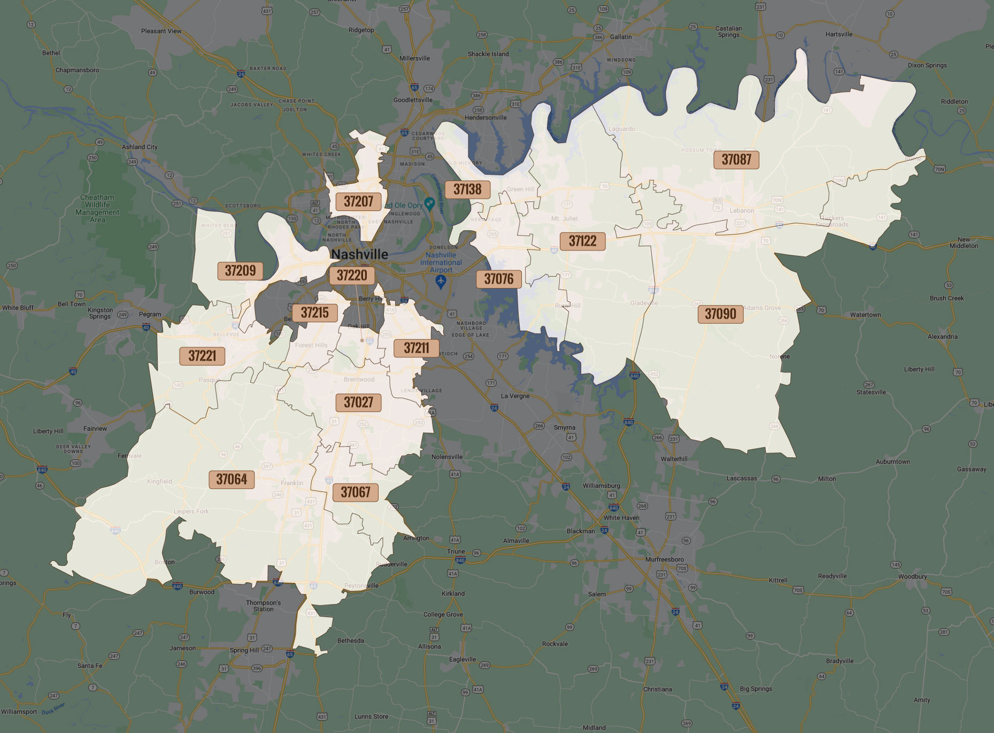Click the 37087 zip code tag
[736, 159]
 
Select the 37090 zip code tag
[720, 314]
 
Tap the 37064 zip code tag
[231, 479]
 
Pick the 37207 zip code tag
[358, 201]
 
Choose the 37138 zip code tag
[467, 189]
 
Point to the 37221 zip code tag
[202, 356]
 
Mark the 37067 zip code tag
[355, 492]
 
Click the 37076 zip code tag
[498, 279]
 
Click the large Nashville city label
[359, 254]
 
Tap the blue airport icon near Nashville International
[441, 282]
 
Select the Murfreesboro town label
[664, 559]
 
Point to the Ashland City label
[140, 147]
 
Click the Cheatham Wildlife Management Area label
[97, 208]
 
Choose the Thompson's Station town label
[263, 606]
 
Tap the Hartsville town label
[838, 34]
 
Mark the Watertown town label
[865, 315]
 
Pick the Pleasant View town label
[161, 31]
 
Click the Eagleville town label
[462, 659]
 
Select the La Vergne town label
[515, 396]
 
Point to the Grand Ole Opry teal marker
[429, 204]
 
